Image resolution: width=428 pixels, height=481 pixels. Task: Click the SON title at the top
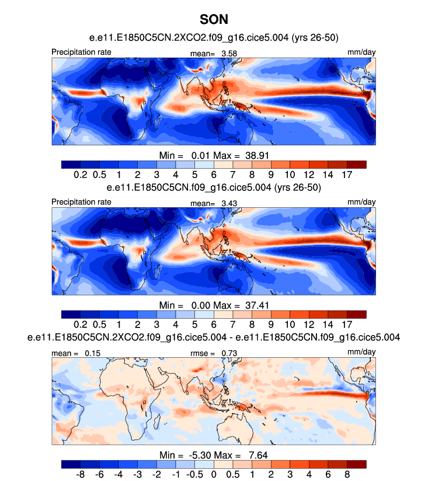pos(213,19)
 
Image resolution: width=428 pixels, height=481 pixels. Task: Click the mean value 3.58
pos(228,54)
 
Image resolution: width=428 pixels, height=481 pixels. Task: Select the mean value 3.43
pos(228,203)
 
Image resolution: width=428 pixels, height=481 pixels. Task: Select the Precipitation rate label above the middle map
pos(81,202)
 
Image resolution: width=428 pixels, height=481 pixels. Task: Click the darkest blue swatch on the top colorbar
pos(71,164)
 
